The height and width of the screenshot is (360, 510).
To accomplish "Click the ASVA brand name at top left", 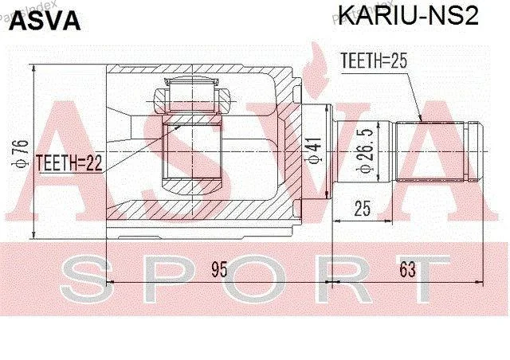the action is [x=45, y=21].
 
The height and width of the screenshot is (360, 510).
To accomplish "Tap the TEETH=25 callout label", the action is [x=374, y=61].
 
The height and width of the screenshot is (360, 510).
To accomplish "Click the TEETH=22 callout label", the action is [x=69, y=162].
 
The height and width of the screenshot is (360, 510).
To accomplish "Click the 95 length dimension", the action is [x=219, y=268].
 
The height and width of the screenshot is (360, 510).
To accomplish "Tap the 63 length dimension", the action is [x=407, y=268].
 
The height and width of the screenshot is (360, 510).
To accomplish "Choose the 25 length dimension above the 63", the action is [x=363, y=209].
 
